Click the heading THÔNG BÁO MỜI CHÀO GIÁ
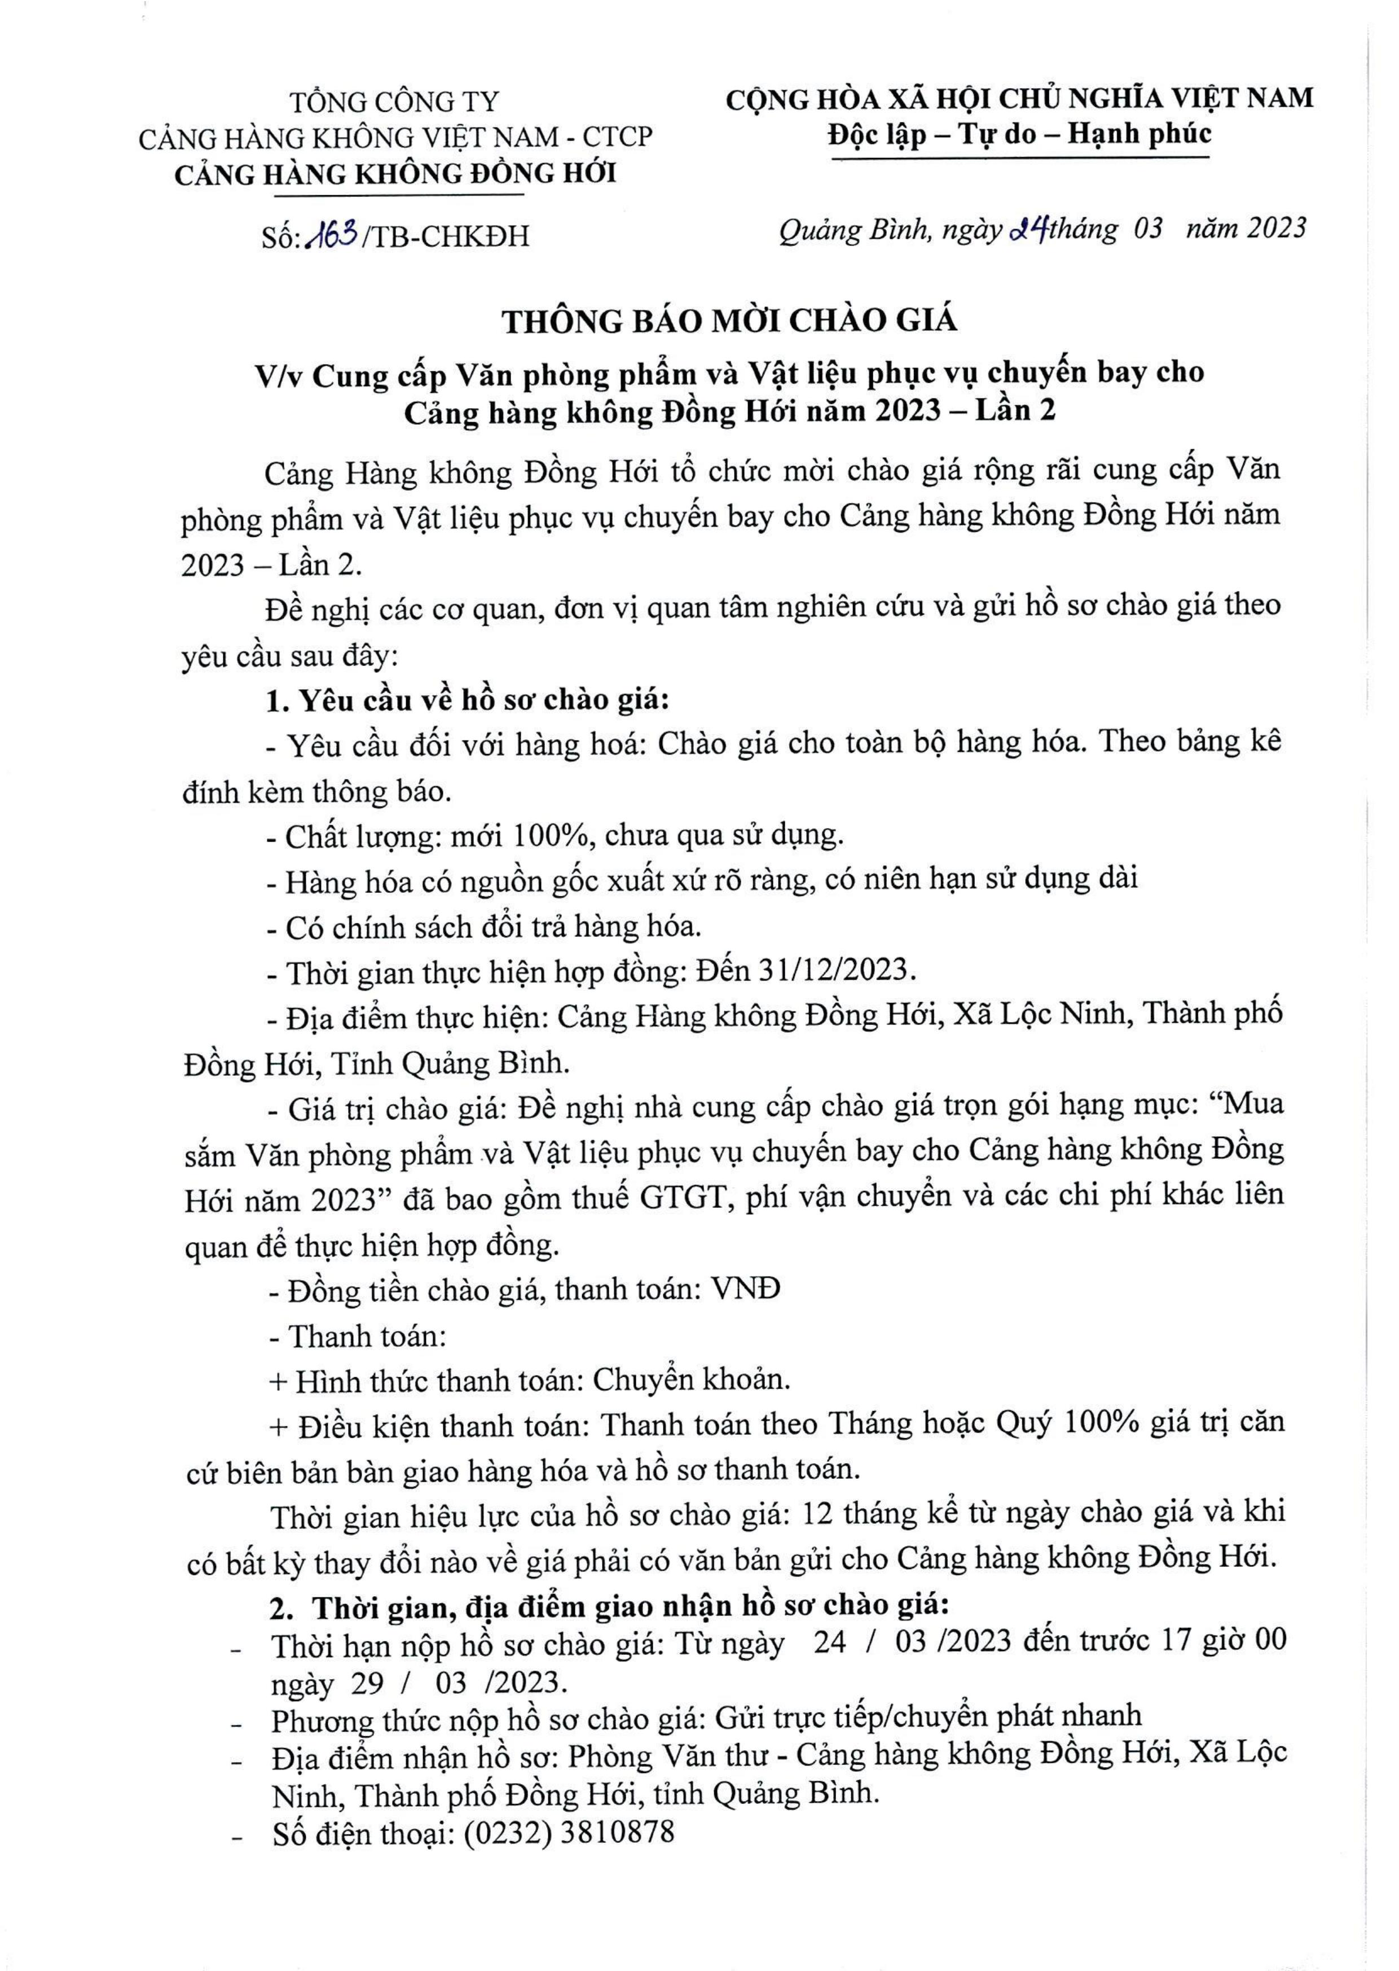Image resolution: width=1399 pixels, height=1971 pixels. point(729,321)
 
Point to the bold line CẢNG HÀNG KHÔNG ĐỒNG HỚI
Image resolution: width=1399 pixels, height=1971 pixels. point(395,174)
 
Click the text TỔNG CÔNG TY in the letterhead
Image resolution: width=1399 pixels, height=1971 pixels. point(394,102)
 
